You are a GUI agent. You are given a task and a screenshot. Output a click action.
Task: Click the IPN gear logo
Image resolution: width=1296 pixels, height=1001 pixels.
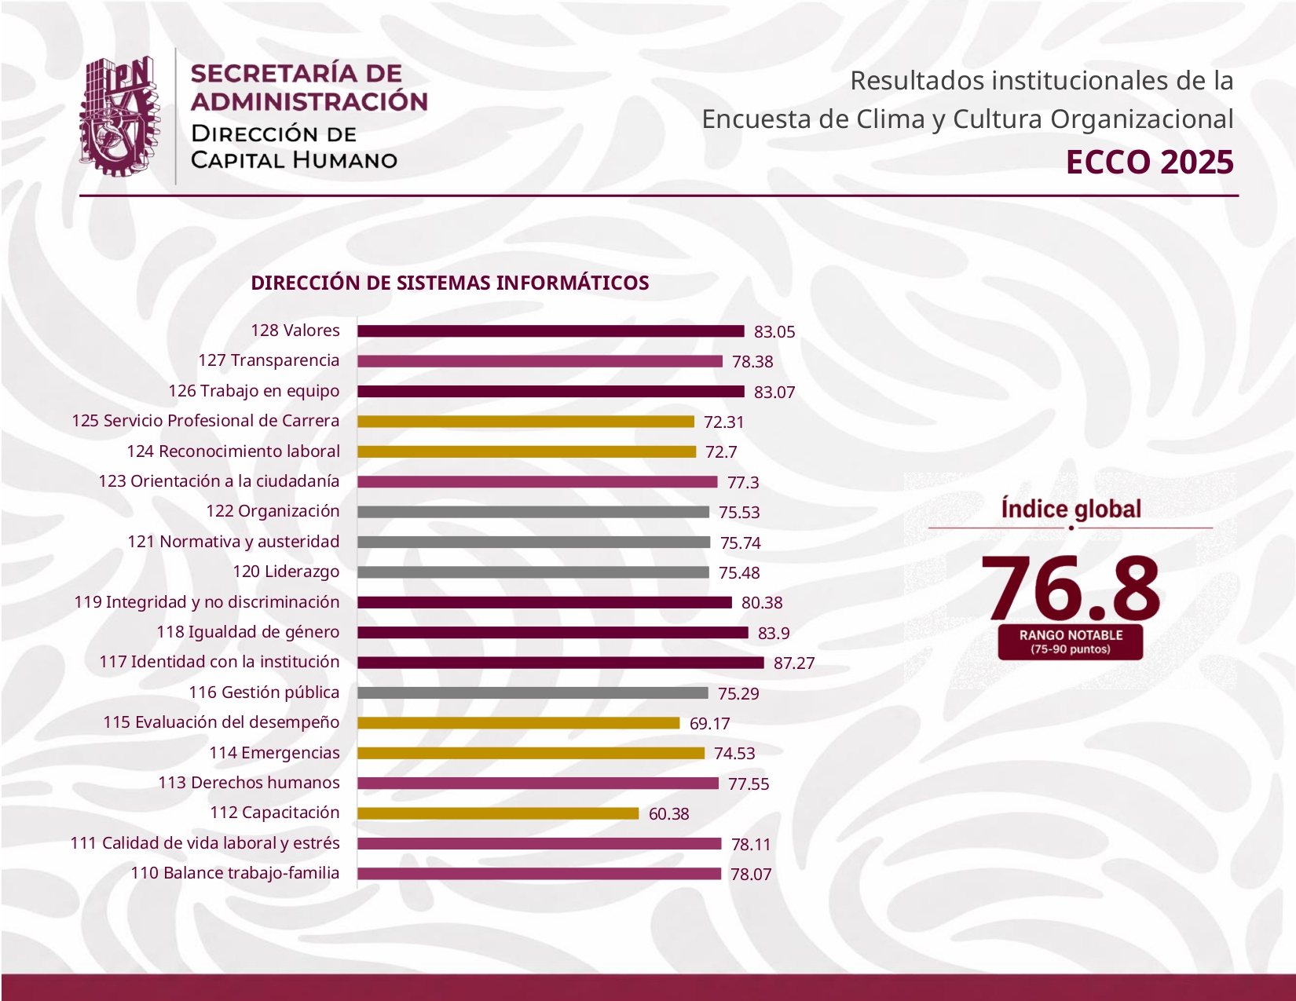point(120,116)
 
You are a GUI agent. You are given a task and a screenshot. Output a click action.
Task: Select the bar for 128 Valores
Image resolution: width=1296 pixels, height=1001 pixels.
point(551,331)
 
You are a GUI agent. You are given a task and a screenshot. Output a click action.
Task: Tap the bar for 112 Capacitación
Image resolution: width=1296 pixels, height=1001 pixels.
point(498,813)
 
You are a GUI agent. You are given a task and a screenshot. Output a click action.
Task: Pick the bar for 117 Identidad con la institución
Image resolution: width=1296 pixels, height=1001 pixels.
point(561,663)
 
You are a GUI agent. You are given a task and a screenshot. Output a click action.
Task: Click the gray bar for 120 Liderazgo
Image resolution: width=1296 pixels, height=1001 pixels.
point(533,572)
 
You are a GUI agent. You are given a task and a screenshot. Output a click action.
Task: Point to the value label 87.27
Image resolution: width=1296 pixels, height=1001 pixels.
point(794,663)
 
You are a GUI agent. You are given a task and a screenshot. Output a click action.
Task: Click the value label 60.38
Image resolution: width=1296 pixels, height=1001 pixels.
point(668,814)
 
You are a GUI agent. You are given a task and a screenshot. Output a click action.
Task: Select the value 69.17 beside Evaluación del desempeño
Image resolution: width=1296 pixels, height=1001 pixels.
point(710,723)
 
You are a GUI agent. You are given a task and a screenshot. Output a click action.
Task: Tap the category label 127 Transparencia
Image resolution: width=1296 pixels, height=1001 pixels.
point(269,360)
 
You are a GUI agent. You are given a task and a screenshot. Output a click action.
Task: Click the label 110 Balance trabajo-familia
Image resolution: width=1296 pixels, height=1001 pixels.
point(235,873)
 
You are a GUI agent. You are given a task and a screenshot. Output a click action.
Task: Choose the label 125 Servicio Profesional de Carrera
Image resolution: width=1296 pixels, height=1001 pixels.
point(206,420)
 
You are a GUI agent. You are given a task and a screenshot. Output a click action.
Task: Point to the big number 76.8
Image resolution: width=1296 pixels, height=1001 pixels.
point(1071,588)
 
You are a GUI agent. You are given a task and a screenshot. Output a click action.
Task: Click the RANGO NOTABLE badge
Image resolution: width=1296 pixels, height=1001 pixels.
point(1071,642)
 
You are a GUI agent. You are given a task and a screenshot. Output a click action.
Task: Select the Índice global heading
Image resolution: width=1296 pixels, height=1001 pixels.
point(1071,510)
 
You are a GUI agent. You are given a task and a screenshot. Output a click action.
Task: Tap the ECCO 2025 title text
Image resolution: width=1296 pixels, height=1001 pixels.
point(1149,163)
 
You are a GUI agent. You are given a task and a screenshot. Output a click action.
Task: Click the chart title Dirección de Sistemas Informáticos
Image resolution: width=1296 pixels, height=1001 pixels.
point(450,283)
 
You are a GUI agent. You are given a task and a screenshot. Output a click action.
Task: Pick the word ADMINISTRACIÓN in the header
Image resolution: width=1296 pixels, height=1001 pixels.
point(309,101)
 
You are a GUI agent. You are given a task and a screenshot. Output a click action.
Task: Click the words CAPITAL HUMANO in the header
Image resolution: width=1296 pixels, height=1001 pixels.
point(294,160)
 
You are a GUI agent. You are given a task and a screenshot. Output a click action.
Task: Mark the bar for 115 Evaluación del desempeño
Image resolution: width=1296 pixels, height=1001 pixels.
point(519,722)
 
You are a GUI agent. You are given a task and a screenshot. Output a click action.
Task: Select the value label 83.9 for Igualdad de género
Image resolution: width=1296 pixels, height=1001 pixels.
point(774,633)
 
